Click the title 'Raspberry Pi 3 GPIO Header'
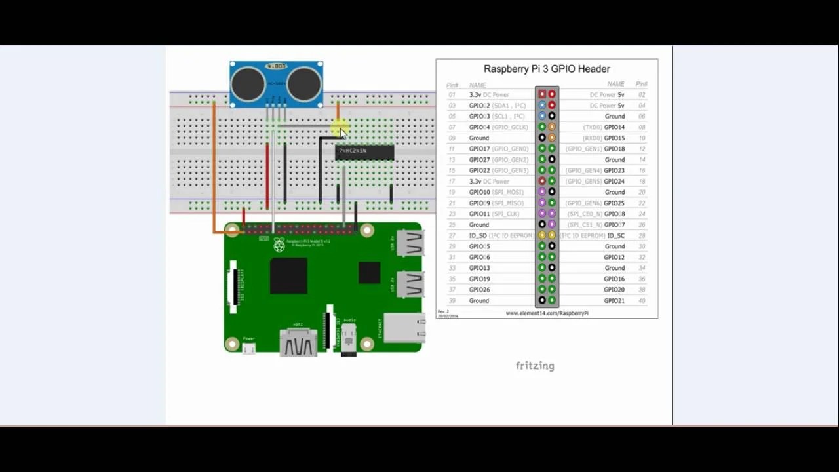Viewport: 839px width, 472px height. pyautogui.click(x=547, y=69)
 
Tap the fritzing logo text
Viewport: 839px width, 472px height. pyautogui.click(x=535, y=366)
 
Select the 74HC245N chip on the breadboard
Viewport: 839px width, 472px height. pyautogui.click(x=364, y=152)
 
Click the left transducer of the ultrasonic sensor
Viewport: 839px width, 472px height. pyautogui.click(x=248, y=85)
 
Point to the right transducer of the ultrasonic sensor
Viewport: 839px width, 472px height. pyautogui.click(x=305, y=85)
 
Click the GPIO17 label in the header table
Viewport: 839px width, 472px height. pyautogui.click(x=480, y=149)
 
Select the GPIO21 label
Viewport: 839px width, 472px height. pyautogui.click(x=614, y=300)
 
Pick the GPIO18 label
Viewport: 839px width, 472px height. pyautogui.click(x=614, y=149)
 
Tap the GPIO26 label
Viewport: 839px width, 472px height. pyautogui.click(x=480, y=290)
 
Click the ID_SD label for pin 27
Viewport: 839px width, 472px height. pyautogui.click(x=478, y=235)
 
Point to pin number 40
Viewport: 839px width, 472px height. pyautogui.click(x=642, y=300)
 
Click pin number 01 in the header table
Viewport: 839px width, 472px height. pyautogui.click(x=452, y=95)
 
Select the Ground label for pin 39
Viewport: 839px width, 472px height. pyautogui.click(x=478, y=300)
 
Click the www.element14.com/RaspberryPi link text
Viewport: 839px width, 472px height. pyautogui.click(x=547, y=313)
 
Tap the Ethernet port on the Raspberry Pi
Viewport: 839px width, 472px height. pyautogui.click(x=403, y=327)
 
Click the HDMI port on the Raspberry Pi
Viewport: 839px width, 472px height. pyautogui.click(x=298, y=340)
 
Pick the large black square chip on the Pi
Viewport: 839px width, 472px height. pyautogui.click(x=288, y=275)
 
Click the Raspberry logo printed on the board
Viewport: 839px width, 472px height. pyautogui.click(x=279, y=245)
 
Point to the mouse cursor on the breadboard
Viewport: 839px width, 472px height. pyautogui.click(x=342, y=132)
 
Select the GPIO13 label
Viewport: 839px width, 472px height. pyautogui.click(x=480, y=268)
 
